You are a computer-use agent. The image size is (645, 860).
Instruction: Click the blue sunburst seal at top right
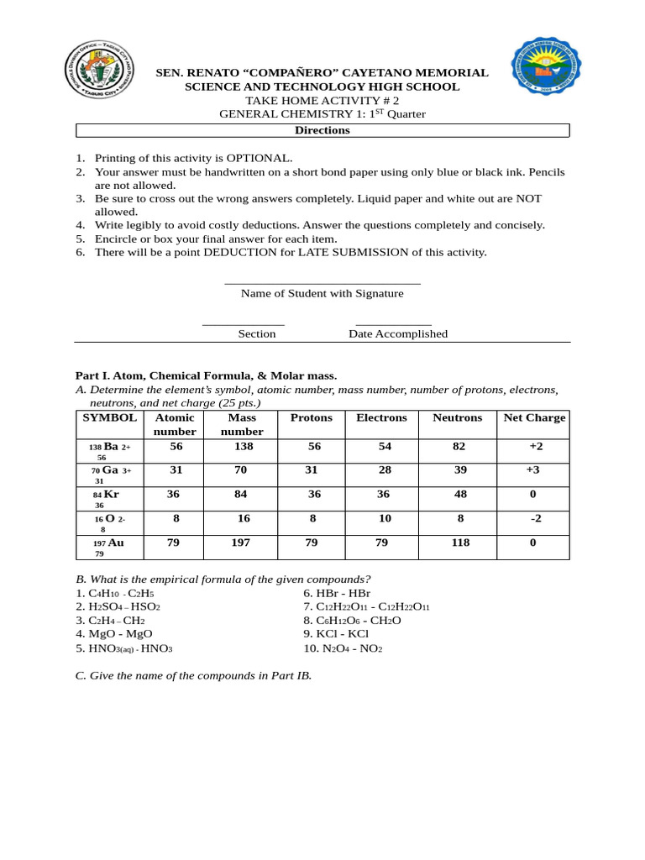(547, 66)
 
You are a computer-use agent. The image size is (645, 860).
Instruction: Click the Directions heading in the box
(322, 130)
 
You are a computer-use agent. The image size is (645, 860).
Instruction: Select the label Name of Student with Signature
(322, 293)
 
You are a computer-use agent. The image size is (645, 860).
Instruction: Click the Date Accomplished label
(398, 333)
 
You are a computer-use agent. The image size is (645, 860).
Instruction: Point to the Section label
(256, 333)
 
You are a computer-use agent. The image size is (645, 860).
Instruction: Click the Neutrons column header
(457, 417)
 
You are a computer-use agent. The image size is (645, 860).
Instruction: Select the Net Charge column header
(533, 417)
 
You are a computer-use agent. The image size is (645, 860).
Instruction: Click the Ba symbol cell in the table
(110, 451)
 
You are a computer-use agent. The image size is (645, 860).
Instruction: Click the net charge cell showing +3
(533, 469)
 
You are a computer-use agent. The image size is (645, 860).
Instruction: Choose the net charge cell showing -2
(535, 518)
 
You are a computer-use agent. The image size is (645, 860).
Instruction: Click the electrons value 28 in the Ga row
(385, 469)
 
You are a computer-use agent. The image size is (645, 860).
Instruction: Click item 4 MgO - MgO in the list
(114, 633)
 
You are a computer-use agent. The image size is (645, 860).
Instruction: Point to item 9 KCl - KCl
(336, 633)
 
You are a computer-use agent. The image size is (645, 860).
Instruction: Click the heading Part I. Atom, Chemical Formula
(206, 375)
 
